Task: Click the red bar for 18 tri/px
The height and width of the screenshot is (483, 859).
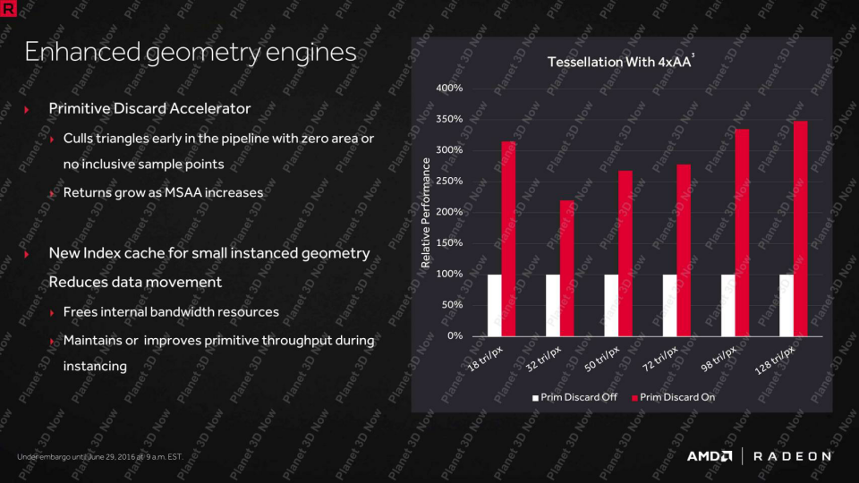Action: coord(508,239)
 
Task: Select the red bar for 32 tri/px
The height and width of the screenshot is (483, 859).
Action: coord(567,268)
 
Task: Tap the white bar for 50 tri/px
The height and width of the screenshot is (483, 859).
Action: coord(611,305)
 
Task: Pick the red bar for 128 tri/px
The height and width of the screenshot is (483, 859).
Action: coord(800,228)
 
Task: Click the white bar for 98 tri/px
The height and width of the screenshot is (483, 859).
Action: coord(728,305)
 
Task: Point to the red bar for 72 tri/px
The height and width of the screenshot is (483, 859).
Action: coord(684,250)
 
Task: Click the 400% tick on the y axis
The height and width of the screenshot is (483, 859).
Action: coord(449,88)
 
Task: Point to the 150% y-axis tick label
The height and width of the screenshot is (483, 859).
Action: coord(449,242)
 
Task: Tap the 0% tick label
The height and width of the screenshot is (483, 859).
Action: coord(455,335)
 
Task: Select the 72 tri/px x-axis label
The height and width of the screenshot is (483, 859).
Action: coord(660,360)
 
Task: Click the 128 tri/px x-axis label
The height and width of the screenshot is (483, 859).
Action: coord(775,360)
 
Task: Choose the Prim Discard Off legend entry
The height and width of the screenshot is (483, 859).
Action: coord(574,397)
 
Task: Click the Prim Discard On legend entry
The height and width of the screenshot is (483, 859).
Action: coord(673,397)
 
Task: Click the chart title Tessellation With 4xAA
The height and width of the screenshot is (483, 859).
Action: coord(619,62)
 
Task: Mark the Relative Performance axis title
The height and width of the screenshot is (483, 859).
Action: coord(426,213)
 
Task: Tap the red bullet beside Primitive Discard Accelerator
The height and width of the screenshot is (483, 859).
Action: coord(26,109)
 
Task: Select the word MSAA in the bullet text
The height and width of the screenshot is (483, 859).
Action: coord(183,193)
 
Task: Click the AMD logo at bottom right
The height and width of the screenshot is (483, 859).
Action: coord(710,456)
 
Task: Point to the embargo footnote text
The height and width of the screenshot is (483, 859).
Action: coord(100,457)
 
